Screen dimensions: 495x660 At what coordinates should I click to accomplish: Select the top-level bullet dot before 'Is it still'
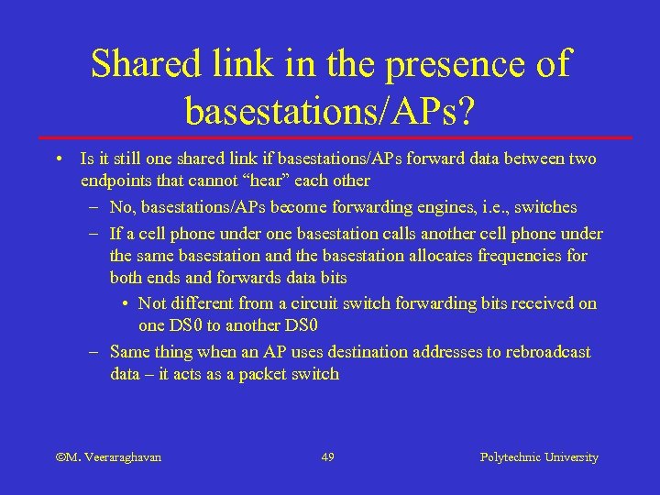59,159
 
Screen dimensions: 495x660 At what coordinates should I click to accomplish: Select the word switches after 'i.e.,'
546,206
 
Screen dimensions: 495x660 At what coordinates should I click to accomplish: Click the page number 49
328,456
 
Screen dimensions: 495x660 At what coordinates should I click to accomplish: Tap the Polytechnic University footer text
539,456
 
